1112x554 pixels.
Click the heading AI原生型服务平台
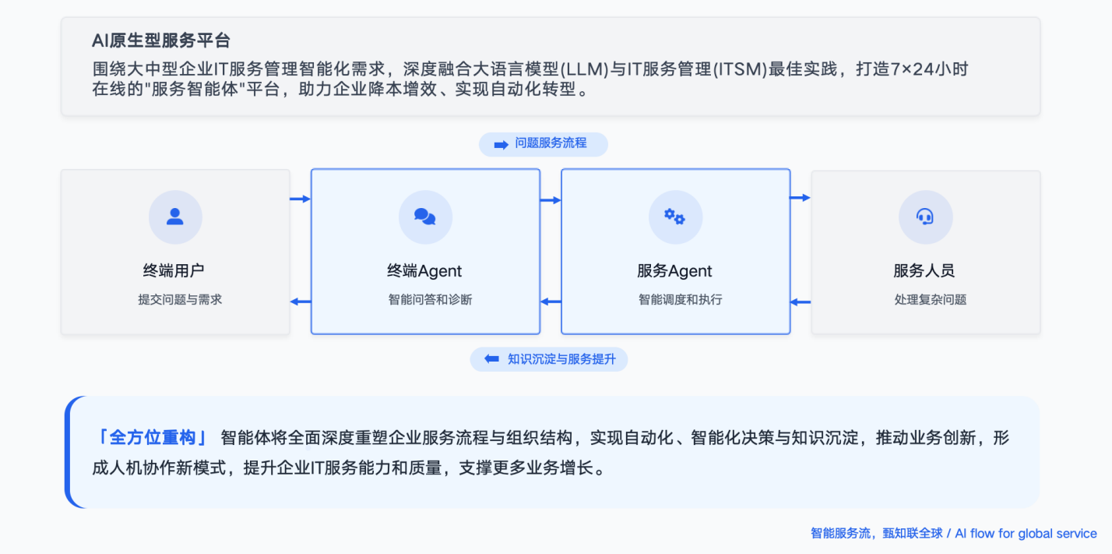161,41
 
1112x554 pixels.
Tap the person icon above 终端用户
175,217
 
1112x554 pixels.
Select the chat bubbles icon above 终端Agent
425,217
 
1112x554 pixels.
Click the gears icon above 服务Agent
675,217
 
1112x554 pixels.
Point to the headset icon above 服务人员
925,217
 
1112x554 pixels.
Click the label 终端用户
174,271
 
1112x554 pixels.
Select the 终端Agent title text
424,271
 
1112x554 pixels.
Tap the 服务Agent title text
674,271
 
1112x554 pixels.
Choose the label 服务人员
924,271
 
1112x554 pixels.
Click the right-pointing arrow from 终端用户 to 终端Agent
300,199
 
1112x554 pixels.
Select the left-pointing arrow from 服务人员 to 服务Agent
801,302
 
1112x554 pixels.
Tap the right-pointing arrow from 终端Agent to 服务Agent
551,200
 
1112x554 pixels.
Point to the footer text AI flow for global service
1026,534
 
